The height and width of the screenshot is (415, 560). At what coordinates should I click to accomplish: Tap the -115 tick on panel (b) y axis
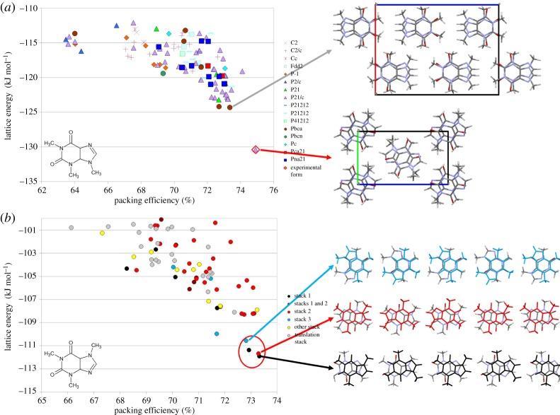point(28,391)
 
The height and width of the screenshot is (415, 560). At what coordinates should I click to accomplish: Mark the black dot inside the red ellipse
point(248,349)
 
